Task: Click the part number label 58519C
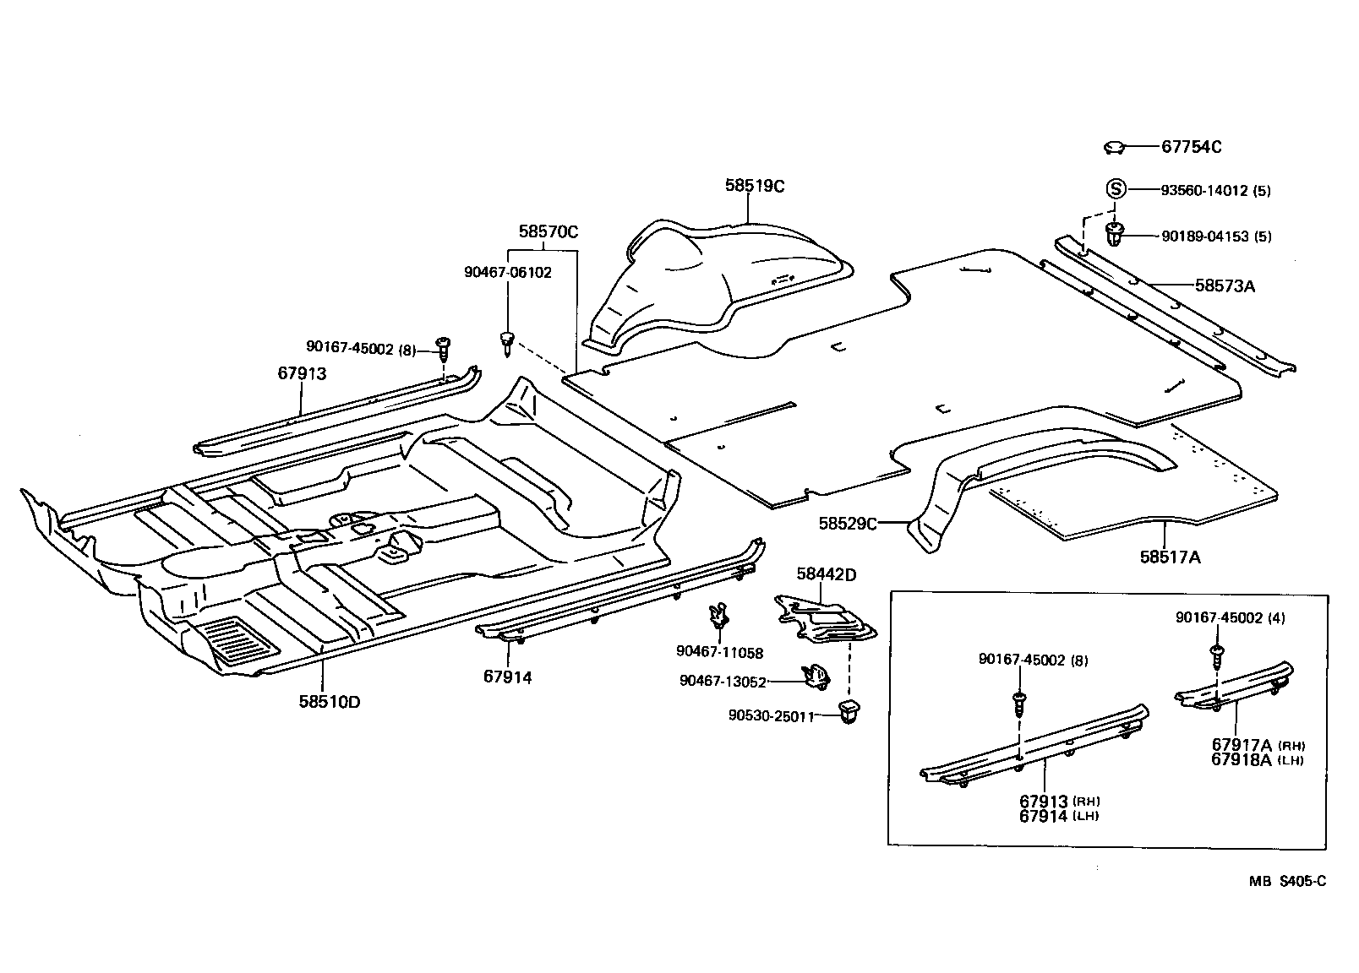point(754,186)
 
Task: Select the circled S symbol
point(1116,189)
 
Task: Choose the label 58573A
point(1225,286)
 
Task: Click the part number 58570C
point(548,232)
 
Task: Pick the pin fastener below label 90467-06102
point(507,341)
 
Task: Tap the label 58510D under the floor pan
point(329,701)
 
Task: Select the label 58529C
point(848,524)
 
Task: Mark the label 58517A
point(1170,557)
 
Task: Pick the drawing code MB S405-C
point(1287,882)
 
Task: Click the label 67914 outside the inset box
point(508,677)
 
